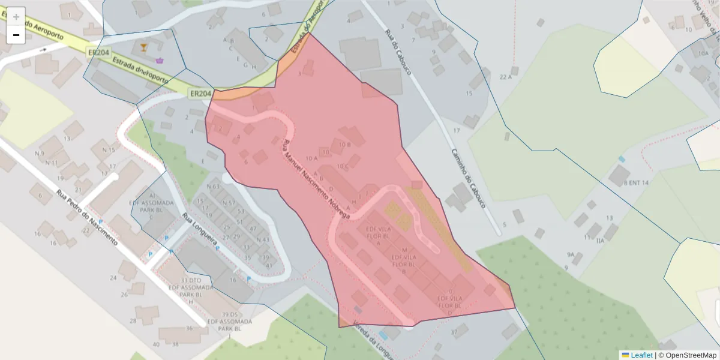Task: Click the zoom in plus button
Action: tap(16, 16)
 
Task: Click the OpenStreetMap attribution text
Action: tap(691, 355)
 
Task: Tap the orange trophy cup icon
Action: tap(143, 47)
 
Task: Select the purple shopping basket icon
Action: tap(160, 60)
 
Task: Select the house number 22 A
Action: tap(505, 77)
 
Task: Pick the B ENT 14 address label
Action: tap(637, 182)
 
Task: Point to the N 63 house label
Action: tap(213, 186)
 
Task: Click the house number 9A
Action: tap(571, 255)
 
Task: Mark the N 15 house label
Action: tap(109, 149)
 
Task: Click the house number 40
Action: tap(157, 344)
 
